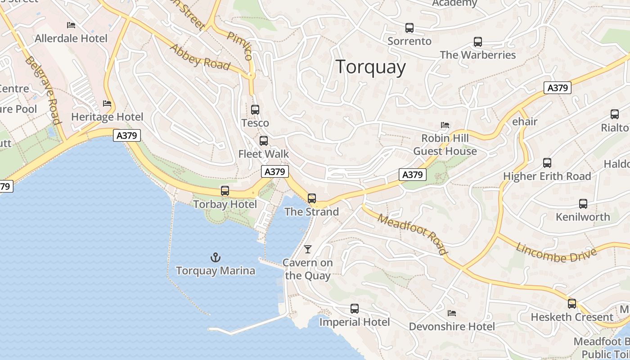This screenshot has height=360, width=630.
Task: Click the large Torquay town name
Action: pos(371,67)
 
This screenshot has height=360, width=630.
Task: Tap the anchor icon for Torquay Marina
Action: pos(216,257)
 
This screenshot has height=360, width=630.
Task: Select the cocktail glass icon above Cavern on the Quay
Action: pos(308,249)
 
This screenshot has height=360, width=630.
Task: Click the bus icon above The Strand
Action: pos(311,198)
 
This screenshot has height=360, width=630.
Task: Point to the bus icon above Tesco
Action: pos(255,109)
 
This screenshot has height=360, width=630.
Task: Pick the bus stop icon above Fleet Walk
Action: pos(264,140)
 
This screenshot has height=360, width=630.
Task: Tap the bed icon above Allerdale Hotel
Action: pos(71,25)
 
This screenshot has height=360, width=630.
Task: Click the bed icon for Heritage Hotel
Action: pos(107,103)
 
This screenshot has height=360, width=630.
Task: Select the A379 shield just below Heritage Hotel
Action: pos(127,135)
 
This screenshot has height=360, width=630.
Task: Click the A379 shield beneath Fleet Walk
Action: pos(275,171)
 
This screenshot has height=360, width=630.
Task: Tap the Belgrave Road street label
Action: pos(43,90)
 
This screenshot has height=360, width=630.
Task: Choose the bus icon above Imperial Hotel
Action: pos(355,309)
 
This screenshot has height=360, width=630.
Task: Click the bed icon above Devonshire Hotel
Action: pos(452,313)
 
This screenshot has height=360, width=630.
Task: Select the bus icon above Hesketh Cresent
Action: pos(571,303)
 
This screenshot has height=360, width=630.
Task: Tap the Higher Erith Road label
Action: pos(547,176)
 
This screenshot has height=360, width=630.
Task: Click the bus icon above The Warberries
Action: pos(478,42)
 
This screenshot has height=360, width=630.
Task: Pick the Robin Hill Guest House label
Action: pos(445,144)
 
